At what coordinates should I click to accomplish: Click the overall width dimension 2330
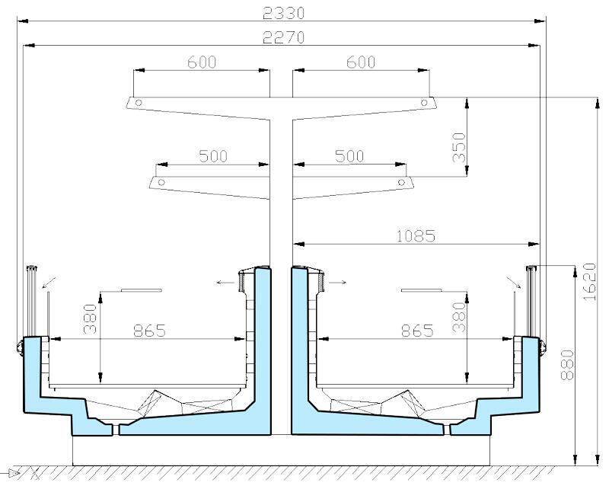coord(283,13)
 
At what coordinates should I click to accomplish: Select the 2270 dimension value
coord(283,38)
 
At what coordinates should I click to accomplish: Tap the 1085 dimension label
coord(416,236)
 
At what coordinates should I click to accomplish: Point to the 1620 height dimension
coord(589,282)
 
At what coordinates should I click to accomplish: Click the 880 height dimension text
coord(567,365)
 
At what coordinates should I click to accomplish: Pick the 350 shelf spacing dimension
coord(459,147)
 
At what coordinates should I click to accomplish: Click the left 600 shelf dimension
coord(202,62)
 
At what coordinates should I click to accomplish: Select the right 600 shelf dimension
coord(361,62)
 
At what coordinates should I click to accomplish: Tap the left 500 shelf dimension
coord(213,156)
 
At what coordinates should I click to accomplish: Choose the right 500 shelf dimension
coord(349,156)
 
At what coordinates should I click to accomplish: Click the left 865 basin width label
coord(149,331)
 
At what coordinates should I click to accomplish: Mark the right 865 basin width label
coord(417,331)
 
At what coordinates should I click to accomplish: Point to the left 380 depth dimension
coord(90,319)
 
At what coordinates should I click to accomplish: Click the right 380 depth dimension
coord(459,317)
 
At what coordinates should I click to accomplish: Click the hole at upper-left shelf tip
coord(139,103)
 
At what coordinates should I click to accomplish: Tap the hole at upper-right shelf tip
coord(424,103)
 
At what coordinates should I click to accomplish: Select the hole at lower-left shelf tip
coord(161,182)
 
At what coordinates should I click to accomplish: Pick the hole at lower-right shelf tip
coord(402,182)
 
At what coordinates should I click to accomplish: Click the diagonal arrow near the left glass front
coord(49,283)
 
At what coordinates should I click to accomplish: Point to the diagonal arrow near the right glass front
coord(514,283)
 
